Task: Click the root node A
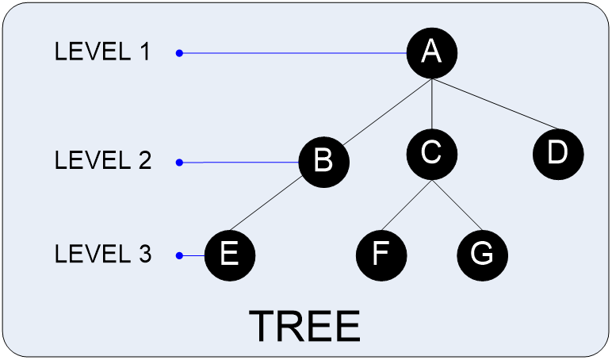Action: [x=432, y=53]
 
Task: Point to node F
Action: [x=381, y=255]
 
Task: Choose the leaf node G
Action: [x=482, y=255]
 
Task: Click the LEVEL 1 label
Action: [x=102, y=53]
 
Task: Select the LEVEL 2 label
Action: [x=102, y=161]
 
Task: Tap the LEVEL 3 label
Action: [x=102, y=255]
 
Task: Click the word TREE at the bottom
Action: [x=304, y=326]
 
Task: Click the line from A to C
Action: [x=432, y=103]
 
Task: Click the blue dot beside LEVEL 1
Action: [x=179, y=54]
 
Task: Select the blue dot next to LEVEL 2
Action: [x=179, y=163]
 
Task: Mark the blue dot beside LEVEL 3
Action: [x=179, y=255]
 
